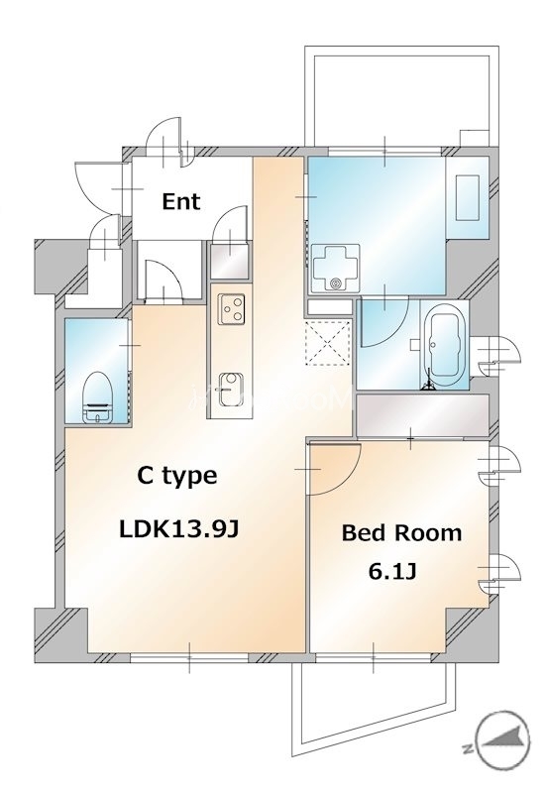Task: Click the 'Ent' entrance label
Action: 181,202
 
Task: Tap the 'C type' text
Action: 176,476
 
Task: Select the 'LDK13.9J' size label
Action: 179,529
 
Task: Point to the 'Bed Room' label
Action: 401,533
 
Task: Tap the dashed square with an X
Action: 328,341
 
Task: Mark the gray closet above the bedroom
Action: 422,414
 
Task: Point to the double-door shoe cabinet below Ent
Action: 161,280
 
